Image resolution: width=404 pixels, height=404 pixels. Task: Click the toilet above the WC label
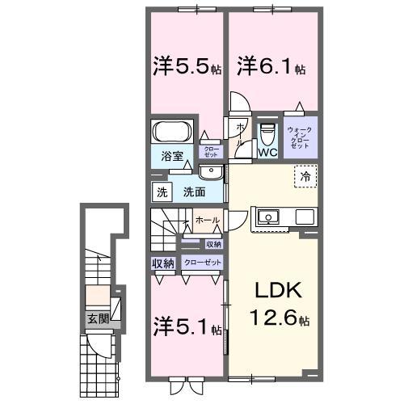pyautogui.click(x=267, y=133)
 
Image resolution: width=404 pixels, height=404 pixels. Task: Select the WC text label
pyautogui.click(x=267, y=152)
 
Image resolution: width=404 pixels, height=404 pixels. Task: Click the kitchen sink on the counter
pyautogui.click(x=267, y=217)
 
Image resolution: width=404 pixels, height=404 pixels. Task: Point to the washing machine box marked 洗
pyautogui.click(x=161, y=193)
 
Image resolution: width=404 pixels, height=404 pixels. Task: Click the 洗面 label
pyautogui.click(x=192, y=193)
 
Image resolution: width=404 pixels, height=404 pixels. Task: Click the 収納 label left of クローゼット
pyautogui.click(x=162, y=263)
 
